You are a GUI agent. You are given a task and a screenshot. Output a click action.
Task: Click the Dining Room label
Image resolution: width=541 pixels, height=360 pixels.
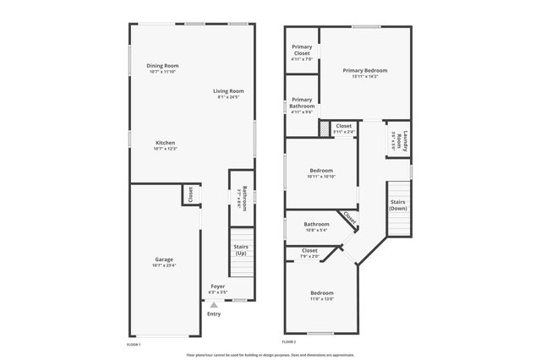click(x=162, y=66)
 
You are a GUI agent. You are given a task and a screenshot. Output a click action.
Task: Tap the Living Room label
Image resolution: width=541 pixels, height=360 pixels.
click(x=228, y=91)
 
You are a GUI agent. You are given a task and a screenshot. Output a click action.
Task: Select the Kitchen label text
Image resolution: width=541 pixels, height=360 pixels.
click(x=165, y=143)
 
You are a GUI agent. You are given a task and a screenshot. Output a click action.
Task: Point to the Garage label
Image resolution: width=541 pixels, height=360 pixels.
click(x=164, y=259)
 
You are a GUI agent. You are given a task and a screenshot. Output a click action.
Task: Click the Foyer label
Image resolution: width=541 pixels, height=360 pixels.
click(x=217, y=286)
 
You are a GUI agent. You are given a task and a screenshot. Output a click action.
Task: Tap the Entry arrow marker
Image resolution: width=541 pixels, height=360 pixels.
click(x=214, y=305)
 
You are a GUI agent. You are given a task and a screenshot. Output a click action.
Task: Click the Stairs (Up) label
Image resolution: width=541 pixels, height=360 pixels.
click(x=241, y=250)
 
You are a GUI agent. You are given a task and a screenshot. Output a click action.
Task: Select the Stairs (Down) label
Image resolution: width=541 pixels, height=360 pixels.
click(x=397, y=205)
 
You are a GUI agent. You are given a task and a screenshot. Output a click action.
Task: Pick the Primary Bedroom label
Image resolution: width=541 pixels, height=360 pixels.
click(x=364, y=71)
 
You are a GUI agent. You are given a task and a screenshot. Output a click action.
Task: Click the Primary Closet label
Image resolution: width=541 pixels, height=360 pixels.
click(x=302, y=50)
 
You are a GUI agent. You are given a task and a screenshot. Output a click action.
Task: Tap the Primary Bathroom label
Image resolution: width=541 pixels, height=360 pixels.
click(x=302, y=102)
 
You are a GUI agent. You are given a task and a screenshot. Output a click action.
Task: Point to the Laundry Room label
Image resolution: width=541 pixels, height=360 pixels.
click(x=405, y=141)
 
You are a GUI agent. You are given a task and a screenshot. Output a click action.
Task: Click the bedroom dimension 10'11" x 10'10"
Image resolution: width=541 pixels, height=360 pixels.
click(x=321, y=177)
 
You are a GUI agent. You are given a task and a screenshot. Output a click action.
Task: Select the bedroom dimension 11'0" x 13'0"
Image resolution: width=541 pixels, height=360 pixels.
click(x=322, y=298)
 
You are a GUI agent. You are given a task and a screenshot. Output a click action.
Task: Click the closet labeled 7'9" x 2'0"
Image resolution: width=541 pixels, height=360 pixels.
click(x=309, y=251)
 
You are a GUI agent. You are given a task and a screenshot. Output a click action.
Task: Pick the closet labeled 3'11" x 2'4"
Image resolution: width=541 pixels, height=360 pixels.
click(x=343, y=127)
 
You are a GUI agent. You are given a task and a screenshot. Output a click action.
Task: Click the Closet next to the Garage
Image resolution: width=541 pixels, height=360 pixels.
click(x=191, y=194)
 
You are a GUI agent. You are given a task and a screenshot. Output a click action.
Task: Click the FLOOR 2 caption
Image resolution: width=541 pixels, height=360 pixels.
click(x=289, y=342)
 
